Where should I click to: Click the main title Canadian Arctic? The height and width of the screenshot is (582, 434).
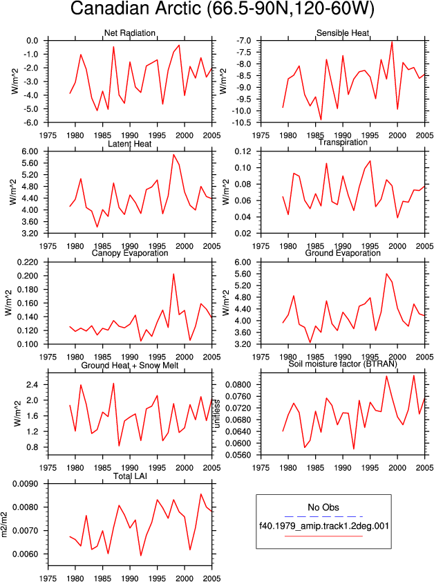[137, 8]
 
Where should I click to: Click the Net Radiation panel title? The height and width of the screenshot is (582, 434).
[129, 32]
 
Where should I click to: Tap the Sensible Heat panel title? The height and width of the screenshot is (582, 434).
[343, 32]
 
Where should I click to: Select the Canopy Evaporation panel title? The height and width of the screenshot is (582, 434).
[129, 253]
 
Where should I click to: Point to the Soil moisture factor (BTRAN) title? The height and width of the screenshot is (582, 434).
[343, 364]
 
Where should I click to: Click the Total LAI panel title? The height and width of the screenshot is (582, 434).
[130, 476]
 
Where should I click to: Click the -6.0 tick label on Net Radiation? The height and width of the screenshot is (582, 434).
[32, 122]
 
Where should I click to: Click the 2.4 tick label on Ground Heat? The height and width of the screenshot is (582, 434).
[32, 384]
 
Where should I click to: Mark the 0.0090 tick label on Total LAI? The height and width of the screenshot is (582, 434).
[26, 484]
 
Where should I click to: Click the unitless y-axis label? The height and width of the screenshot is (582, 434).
[217, 414]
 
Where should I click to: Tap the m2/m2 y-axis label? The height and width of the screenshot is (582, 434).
[5, 525]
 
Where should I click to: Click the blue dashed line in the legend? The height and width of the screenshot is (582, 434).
[323, 516]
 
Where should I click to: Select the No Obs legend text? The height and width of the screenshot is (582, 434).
[323, 507]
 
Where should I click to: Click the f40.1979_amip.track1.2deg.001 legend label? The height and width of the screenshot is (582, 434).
[323, 525]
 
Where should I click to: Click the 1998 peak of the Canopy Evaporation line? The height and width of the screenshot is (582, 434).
[173, 274]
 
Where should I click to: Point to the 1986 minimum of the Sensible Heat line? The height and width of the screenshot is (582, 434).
[321, 120]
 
